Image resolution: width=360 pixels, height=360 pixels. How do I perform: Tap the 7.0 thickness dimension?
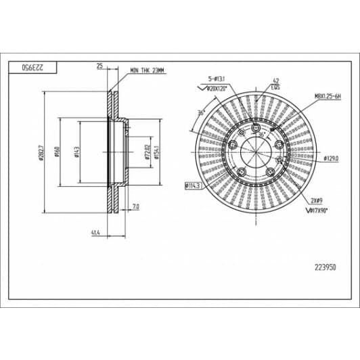point(135,205)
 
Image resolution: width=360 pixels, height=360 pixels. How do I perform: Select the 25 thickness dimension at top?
point(99,66)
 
